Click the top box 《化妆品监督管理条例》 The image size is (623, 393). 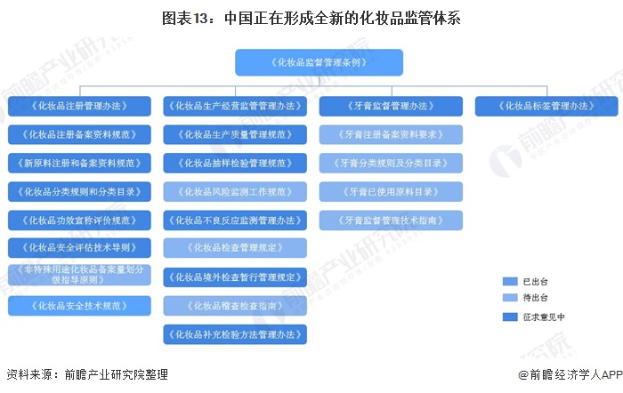pyautogui.click(x=319, y=62)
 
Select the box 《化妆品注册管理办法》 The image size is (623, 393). pyautogui.click(x=79, y=106)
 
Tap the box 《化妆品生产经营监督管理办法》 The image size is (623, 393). pyautogui.click(x=235, y=106)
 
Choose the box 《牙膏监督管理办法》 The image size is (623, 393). pyautogui.click(x=391, y=106)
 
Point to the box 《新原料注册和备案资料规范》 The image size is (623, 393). pyautogui.click(x=79, y=163)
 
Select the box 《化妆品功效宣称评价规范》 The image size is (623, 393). pyautogui.click(x=79, y=220)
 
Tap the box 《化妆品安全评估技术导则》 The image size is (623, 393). pyautogui.click(x=79, y=247)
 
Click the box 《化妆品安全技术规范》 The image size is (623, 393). pyautogui.click(x=79, y=306)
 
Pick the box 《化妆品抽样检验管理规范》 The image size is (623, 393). pyautogui.click(x=235, y=163)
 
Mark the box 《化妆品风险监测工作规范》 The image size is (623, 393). pyautogui.click(x=235, y=191)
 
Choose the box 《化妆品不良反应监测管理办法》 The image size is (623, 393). pyautogui.click(x=235, y=220)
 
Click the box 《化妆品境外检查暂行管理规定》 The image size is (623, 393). pyautogui.click(x=235, y=277)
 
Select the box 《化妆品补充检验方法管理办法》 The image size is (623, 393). pyautogui.click(x=235, y=334)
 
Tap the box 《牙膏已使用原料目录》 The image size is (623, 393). pyautogui.click(x=391, y=191)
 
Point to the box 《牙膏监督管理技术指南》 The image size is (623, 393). pyautogui.click(x=391, y=220)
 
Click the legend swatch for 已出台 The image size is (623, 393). pyautogui.click(x=509, y=280)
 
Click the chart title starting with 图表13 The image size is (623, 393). pyautogui.click(x=311, y=17)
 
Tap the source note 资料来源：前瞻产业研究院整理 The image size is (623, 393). pyautogui.click(x=86, y=374)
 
